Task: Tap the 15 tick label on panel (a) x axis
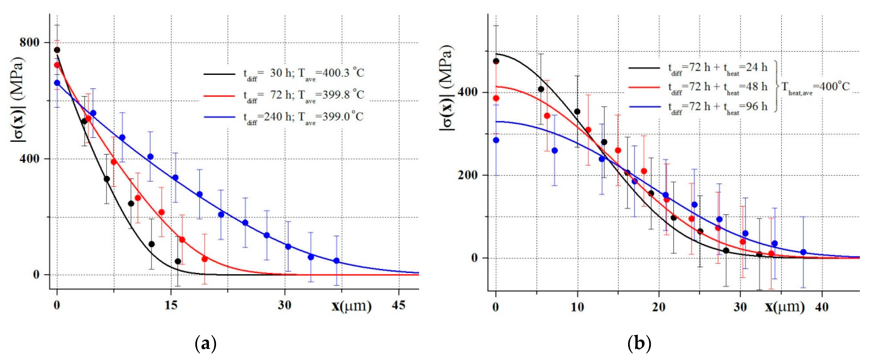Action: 171,305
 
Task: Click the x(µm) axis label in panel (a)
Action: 351,306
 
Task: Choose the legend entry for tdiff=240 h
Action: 303,117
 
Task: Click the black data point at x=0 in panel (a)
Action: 57,50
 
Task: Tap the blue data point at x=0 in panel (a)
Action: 57,83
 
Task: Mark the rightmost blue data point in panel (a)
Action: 336,261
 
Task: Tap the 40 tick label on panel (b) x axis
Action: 822,307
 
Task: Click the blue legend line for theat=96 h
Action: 645,107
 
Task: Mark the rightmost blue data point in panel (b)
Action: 803,252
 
